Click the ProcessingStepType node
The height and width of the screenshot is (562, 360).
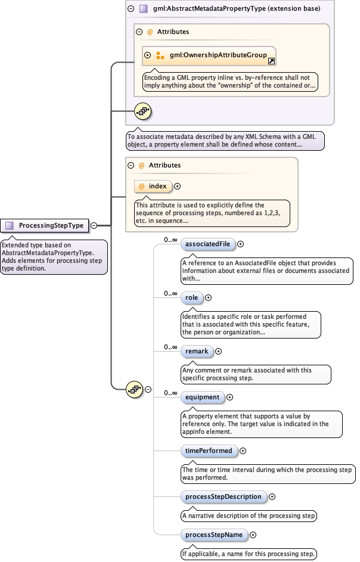(45, 225)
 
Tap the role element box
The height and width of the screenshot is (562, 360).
(191, 297)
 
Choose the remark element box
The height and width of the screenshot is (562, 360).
(197, 351)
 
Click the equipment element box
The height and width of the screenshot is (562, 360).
(202, 397)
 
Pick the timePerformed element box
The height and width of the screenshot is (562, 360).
(208, 451)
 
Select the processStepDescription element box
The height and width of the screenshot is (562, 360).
(223, 496)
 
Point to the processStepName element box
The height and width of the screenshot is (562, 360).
(214, 535)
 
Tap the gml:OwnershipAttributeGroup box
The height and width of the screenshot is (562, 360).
(209, 55)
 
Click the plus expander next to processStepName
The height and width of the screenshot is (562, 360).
(253, 535)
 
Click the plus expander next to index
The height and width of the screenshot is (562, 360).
(178, 187)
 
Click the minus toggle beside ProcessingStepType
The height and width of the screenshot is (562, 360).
(94, 225)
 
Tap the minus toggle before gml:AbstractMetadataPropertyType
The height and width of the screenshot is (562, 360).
(131, 9)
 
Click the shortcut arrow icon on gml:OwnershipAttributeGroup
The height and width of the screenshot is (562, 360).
(271, 61)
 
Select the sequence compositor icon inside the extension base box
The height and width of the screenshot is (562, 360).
(143, 110)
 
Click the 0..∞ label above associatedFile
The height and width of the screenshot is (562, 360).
(171, 240)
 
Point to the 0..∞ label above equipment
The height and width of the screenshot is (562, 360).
(171, 393)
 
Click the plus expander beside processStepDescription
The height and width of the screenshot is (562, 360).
(272, 496)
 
